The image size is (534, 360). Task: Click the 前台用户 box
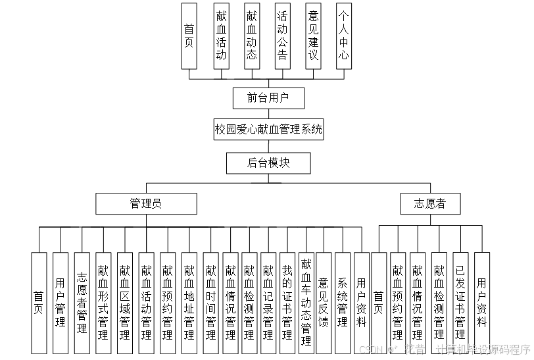[268, 98]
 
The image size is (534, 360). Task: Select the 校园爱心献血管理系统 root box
[268, 130]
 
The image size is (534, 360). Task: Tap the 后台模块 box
[268, 163]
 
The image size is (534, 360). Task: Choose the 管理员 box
[145, 203]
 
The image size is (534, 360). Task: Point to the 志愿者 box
[430, 203]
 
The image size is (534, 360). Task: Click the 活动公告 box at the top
[282, 37]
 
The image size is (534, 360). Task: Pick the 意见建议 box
[313, 37]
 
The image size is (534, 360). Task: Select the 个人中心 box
[343, 37]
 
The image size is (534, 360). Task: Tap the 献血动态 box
[251, 37]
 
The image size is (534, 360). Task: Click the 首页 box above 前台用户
[189, 37]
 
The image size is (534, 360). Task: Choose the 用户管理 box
[61, 303]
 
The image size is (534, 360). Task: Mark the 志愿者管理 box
[82, 303]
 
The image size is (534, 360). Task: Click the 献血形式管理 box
[103, 303]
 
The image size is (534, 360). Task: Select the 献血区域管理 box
[125, 303]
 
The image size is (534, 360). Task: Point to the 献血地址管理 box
[189, 303]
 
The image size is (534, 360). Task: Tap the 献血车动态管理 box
[306, 303]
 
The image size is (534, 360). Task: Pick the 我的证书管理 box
[287, 303]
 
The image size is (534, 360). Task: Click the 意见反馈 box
[324, 303]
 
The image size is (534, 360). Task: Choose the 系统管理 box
[342, 303]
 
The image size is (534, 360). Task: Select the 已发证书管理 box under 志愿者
[460, 303]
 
